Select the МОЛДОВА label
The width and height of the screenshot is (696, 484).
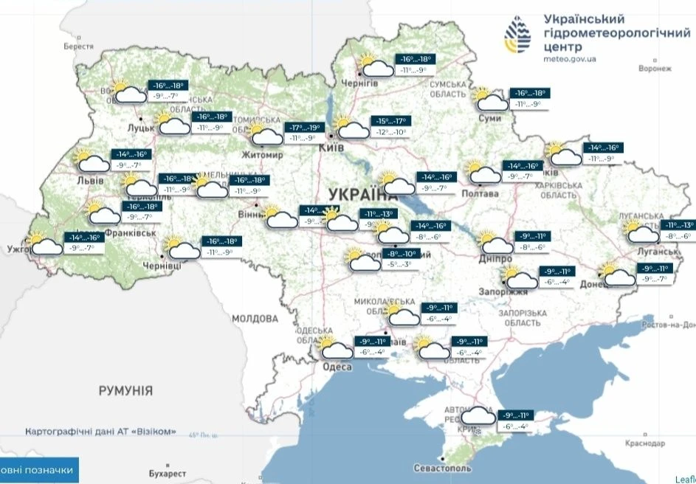[255, 319]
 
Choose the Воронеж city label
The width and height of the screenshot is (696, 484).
[655, 69]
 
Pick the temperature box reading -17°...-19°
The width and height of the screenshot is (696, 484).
[306, 127]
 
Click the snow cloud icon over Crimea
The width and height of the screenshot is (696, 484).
[476, 418]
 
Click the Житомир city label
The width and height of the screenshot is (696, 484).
[262, 156]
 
